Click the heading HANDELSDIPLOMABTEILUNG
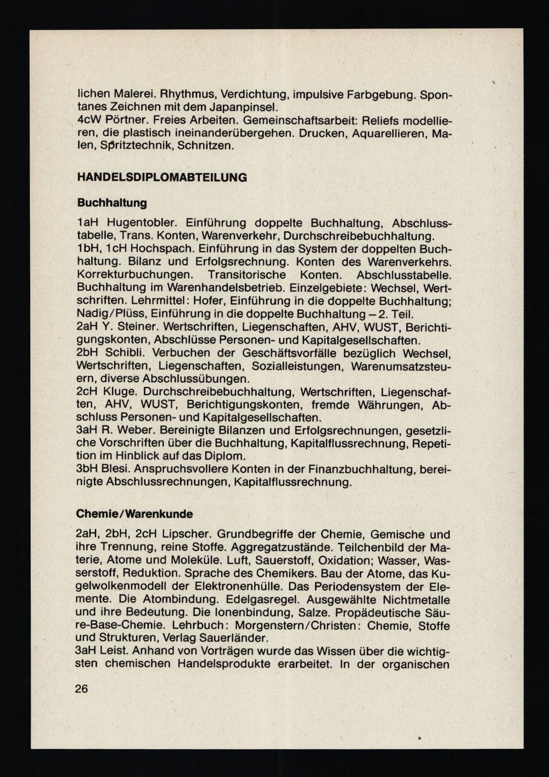tap(162, 178)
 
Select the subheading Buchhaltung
tap(112, 203)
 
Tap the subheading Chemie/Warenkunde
tap(135, 515)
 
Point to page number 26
tap(81, 689)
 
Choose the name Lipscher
tap(187, 535)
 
